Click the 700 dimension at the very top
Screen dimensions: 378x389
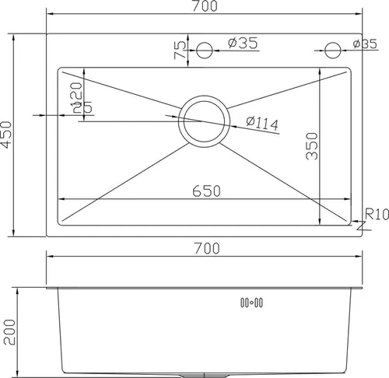pos(205,6)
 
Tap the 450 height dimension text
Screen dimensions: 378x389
pos(8,135)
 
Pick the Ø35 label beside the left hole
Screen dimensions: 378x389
pos(243,44)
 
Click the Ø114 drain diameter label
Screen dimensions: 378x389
pos(261,123)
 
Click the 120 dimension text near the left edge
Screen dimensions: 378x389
pos(77,99)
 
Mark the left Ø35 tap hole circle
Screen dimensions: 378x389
pos(205,51)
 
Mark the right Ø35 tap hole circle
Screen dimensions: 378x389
pos(332,51)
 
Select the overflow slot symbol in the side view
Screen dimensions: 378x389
pos(252,303)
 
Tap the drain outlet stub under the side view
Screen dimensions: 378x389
pos(205,374)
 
